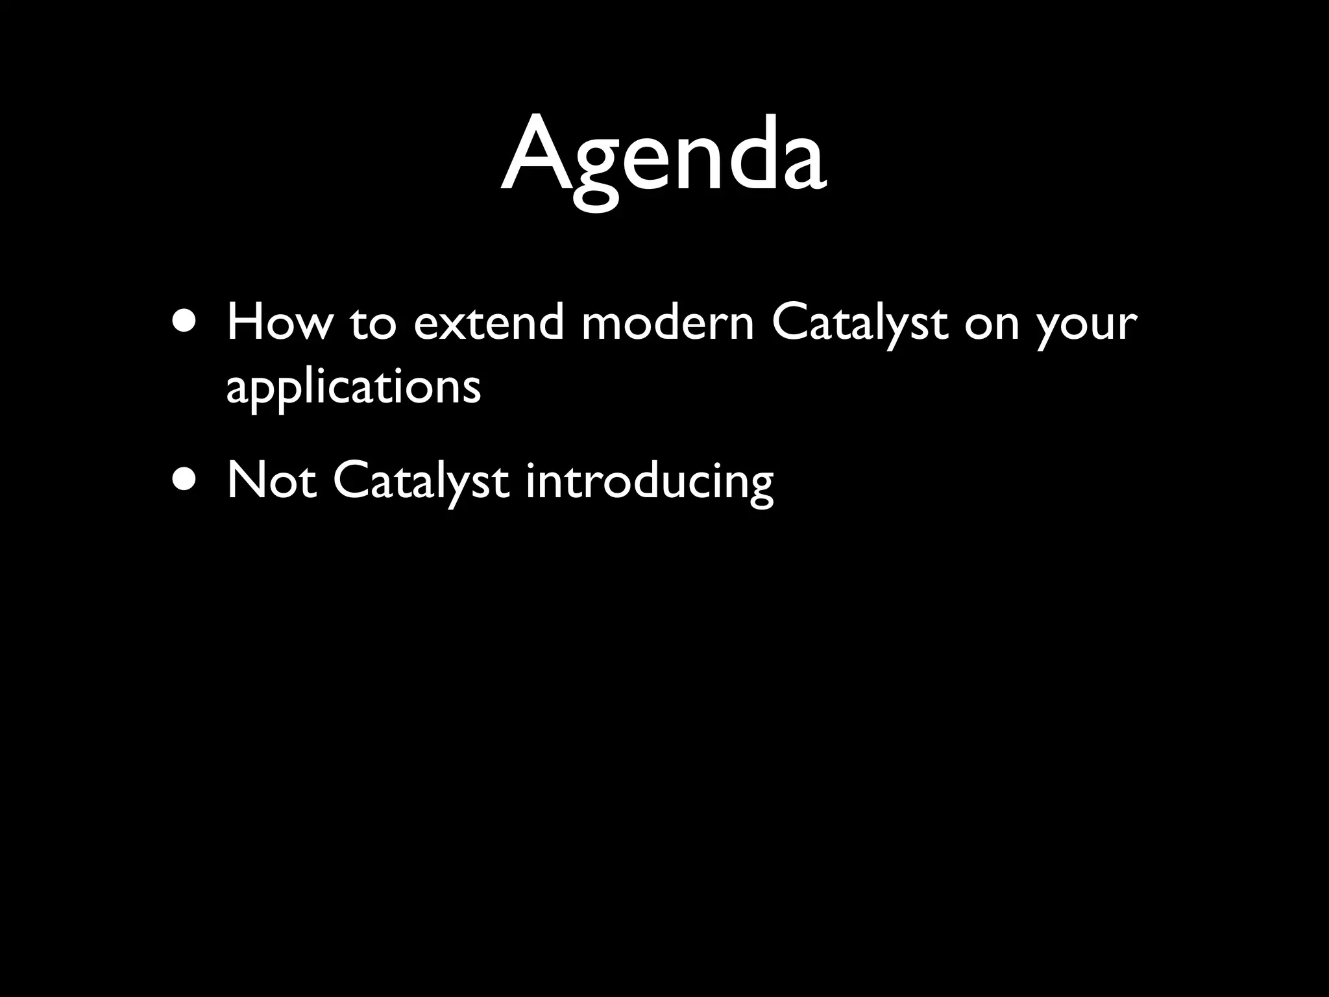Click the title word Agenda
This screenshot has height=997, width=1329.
(x=663, y=156)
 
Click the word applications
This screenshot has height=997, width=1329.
(x=354, y=388)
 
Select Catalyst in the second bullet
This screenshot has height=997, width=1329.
(x=421, y=482)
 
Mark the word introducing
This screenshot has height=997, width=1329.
(x=649, y=483)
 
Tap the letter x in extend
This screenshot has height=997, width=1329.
(x=457, y=327)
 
